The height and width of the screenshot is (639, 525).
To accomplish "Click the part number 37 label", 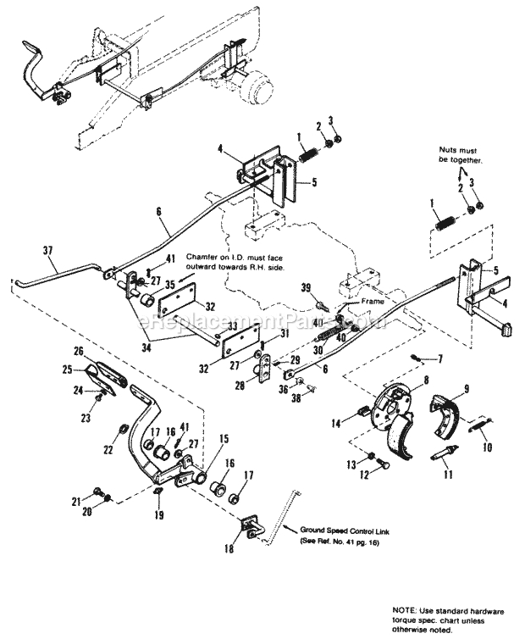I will point(46,250).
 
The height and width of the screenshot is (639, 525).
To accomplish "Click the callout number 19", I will point(157,514).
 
